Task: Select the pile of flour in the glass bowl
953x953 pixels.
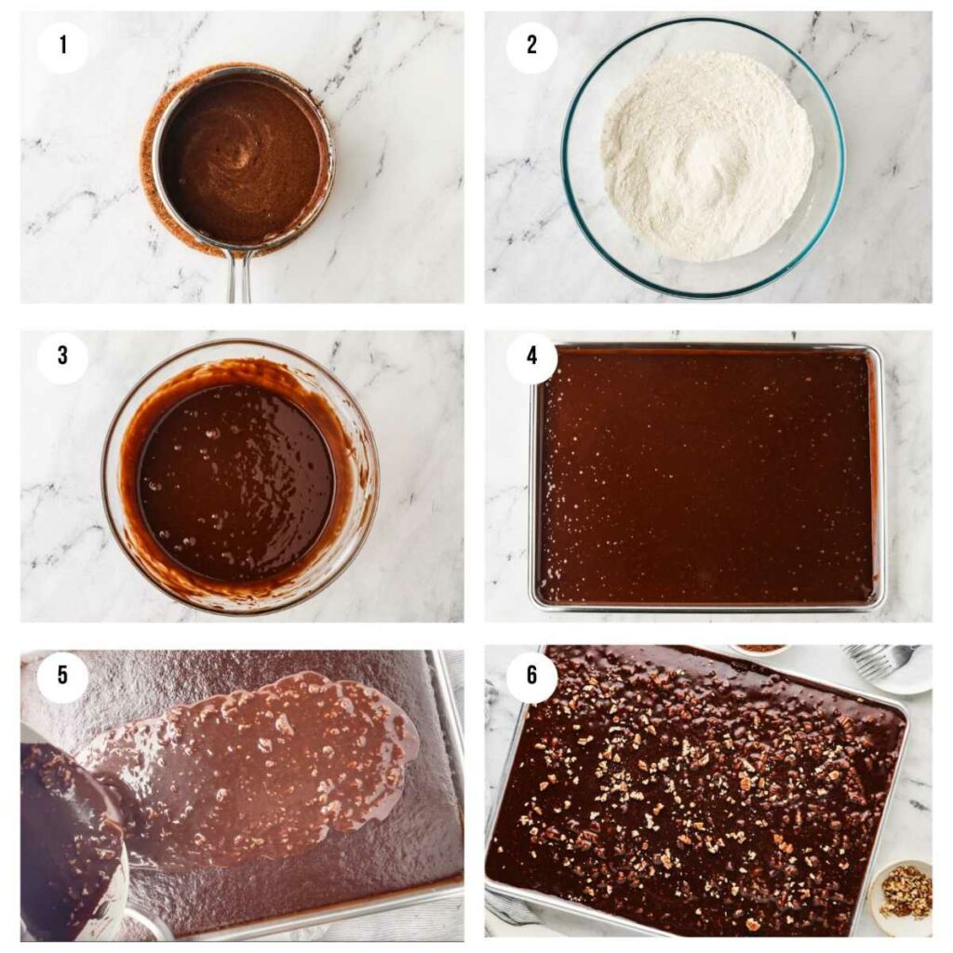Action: click(x=707, y=154)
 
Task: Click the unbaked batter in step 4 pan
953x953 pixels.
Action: click(x=707, y=475)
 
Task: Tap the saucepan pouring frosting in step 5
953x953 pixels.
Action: click(x=70, y=838)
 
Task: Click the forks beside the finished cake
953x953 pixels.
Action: click(x=879, y=658)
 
